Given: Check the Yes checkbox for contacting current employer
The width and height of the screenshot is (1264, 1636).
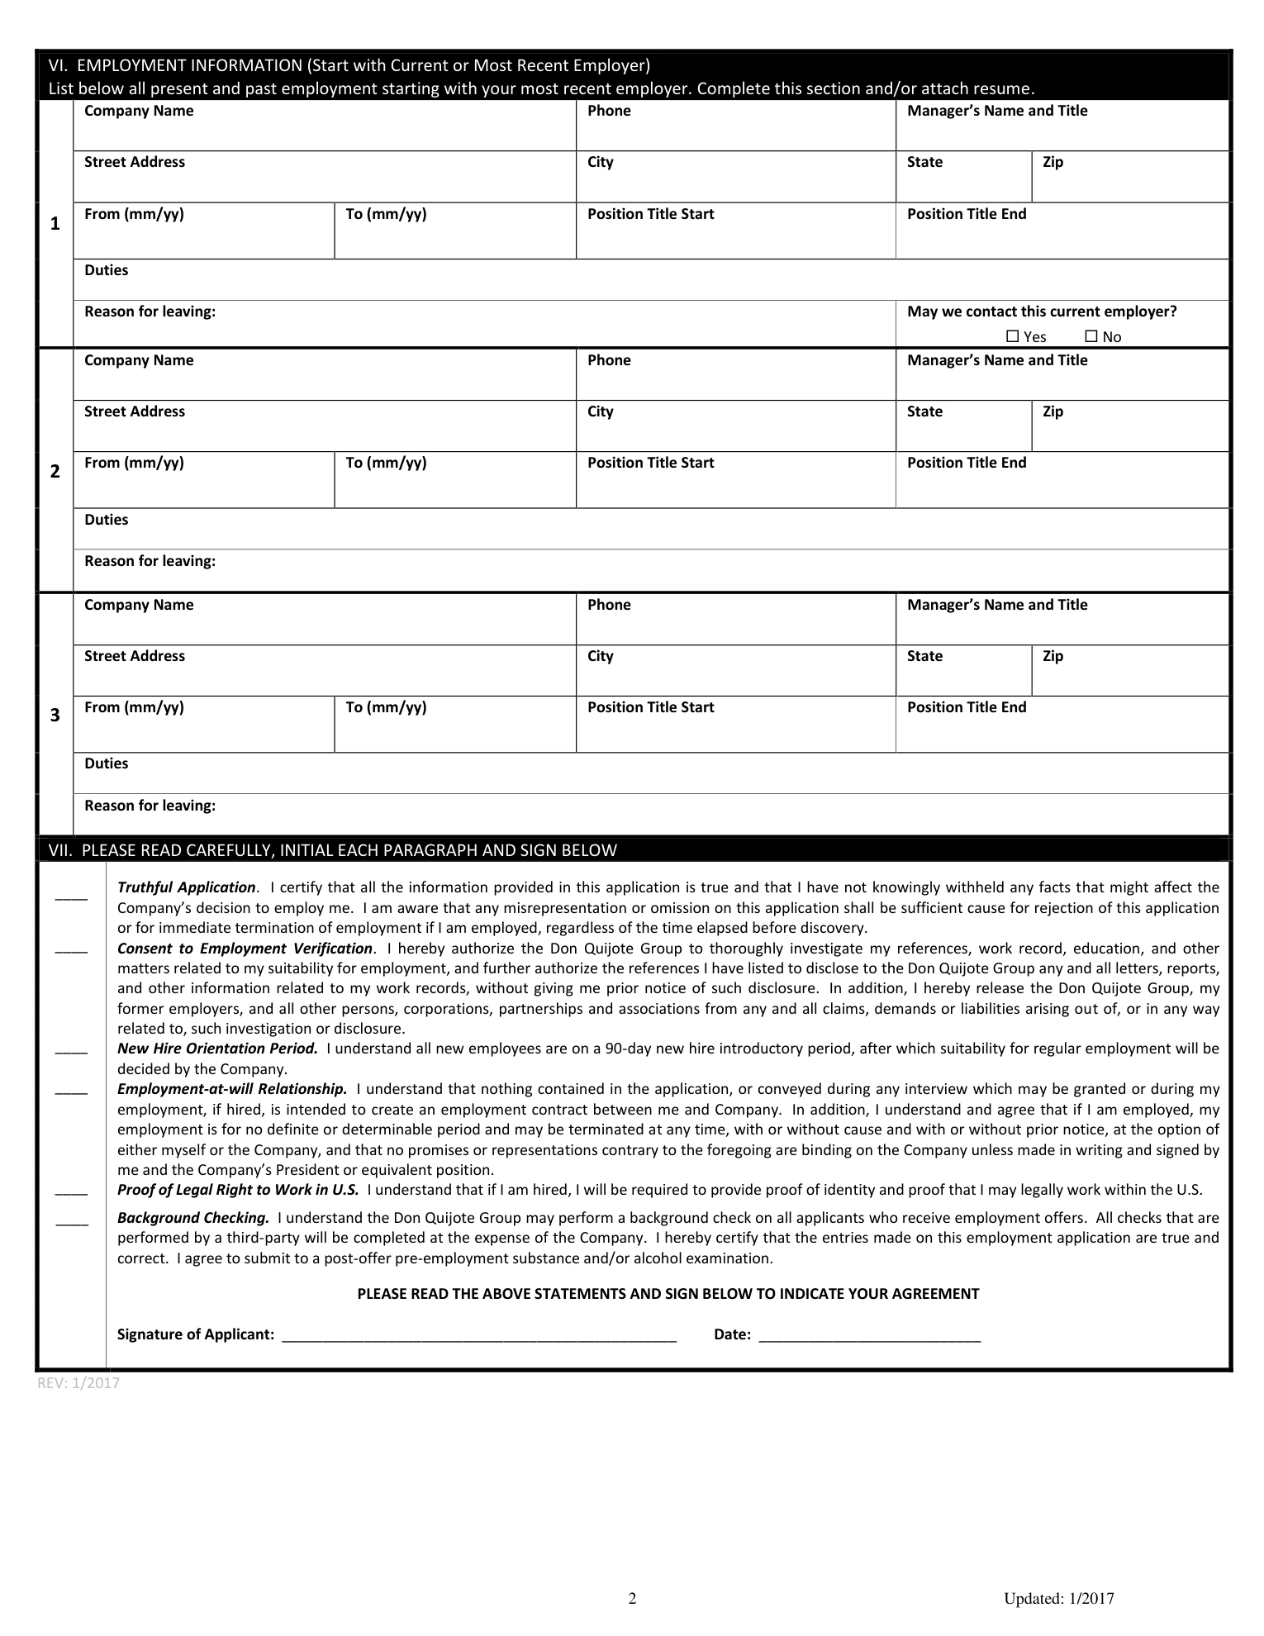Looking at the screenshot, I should coord(1013,336).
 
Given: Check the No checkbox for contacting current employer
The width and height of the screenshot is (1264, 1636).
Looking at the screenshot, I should coord(1091,336).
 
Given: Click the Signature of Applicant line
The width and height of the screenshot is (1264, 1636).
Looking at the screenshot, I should coord(479,1334).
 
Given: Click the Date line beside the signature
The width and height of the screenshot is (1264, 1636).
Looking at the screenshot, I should coord(869,1334).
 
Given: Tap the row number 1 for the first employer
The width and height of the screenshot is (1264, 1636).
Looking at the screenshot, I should coord(55,224).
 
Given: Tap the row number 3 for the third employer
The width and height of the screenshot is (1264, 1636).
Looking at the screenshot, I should coord(55,715).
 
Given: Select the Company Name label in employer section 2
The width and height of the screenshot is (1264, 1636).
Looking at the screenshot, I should coord(139,360).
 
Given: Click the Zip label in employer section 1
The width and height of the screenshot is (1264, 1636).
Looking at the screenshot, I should coord(1053,162).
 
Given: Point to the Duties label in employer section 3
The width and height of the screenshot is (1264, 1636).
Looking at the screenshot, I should coord(107,763).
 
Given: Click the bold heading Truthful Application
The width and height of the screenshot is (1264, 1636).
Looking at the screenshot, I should coord(187,887).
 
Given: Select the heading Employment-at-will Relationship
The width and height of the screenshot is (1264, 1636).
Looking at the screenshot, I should coord(232,1089).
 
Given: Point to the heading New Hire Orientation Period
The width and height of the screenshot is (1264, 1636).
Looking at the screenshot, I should coord(217,1049).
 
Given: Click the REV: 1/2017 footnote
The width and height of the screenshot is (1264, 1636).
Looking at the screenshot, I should coord(78,1383).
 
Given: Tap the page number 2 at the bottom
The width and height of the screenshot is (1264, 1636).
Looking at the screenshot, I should coord(633,1598).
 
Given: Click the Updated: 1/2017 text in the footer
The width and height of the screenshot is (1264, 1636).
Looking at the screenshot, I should coord(1059,1598).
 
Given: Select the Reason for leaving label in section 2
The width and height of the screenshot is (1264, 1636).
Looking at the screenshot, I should coord(150,561).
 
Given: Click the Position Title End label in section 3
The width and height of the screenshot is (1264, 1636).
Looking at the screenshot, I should coord(967,707).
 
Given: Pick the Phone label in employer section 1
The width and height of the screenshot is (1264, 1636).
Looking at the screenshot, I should coord(609,111).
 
